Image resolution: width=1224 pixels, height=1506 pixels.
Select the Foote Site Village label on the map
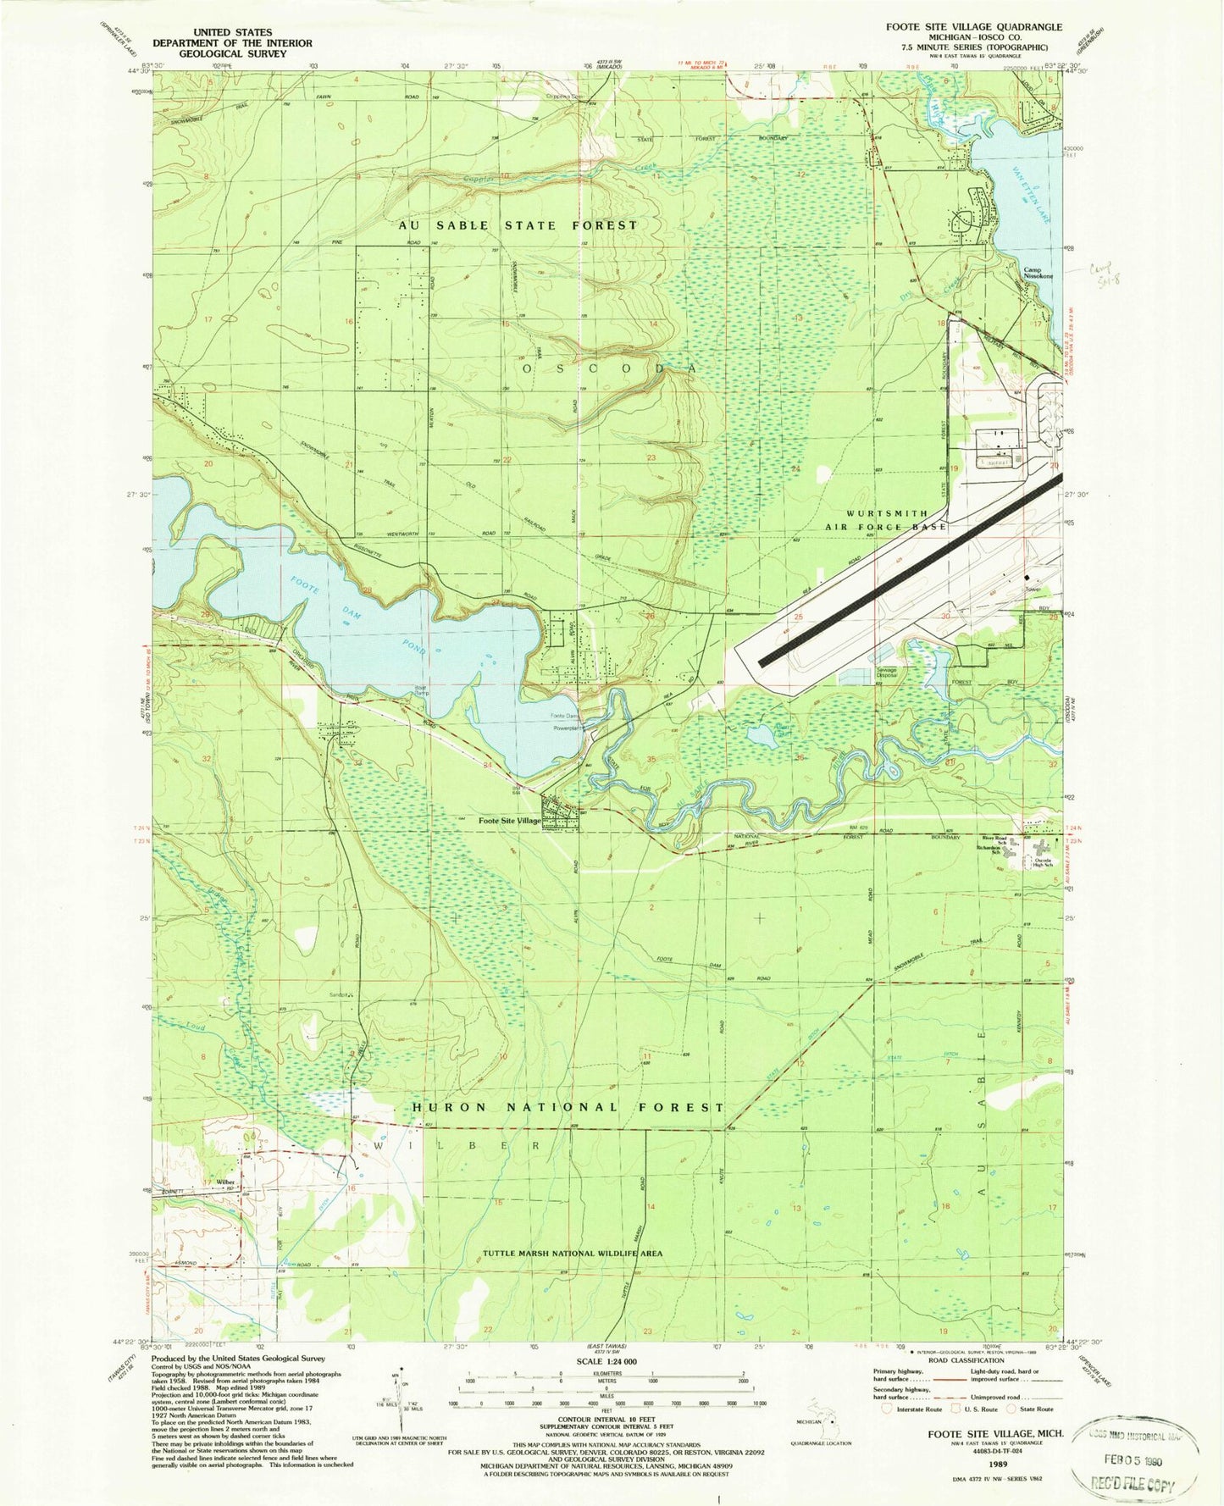coord(509,821)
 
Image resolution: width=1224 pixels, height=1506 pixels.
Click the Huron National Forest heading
coord(568,1107)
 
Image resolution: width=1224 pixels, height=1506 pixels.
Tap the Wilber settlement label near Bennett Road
coord(225,1182)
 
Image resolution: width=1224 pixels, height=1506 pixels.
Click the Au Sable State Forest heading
coord(518,225)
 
